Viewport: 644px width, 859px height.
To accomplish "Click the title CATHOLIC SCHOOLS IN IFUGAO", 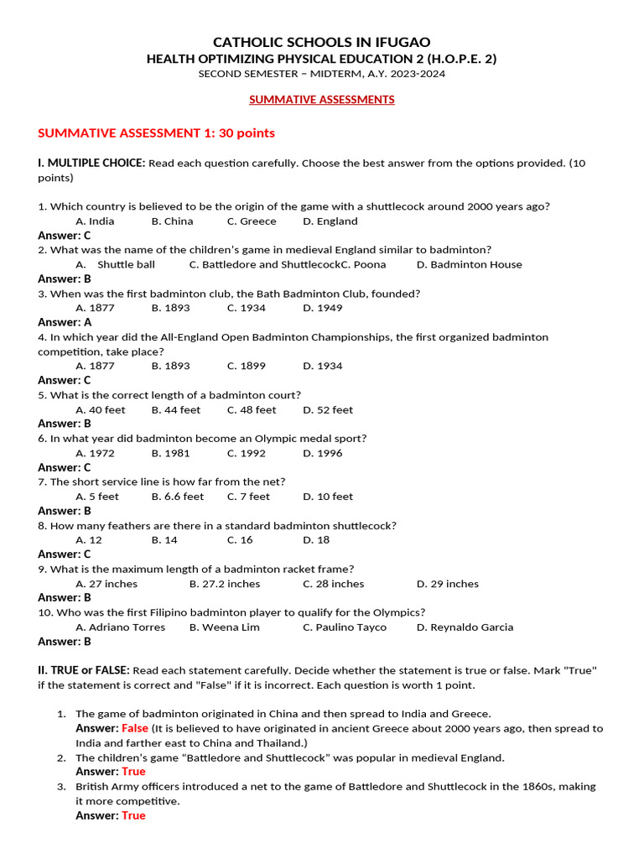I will (x=322, y=42).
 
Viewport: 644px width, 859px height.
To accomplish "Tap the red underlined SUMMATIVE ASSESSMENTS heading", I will (x=322, y=100).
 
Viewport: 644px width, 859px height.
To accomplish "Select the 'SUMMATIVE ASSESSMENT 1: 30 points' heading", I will (x=157, y=133).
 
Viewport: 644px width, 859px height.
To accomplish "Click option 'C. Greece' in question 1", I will (x=252, y=221).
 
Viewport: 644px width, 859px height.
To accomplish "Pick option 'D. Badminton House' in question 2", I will (x=470, y=265).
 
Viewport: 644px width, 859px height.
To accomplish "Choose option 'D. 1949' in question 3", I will (x=323, y=309).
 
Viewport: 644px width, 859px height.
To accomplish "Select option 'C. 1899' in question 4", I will (x=247, y=367).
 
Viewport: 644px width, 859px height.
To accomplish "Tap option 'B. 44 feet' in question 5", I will (x=176, y=410).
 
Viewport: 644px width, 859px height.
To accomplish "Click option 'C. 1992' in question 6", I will (x=247, y=454).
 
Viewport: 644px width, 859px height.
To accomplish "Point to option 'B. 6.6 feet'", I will (x=178, y=497).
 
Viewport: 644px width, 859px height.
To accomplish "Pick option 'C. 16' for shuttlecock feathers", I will (x=240, y=540).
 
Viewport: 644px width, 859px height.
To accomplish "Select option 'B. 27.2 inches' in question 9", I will (x=225, y=584).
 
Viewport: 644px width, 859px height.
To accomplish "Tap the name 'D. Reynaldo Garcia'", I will (x=465, y=627).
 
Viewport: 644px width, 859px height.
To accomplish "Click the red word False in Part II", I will (x=134, y=728).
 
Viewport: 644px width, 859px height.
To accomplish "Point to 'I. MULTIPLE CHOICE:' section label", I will (x=91, y=163).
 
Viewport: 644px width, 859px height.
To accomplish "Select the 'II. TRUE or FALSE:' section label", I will (x=84, y=670).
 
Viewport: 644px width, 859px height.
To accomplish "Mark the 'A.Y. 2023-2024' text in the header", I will (x=405, y=74).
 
